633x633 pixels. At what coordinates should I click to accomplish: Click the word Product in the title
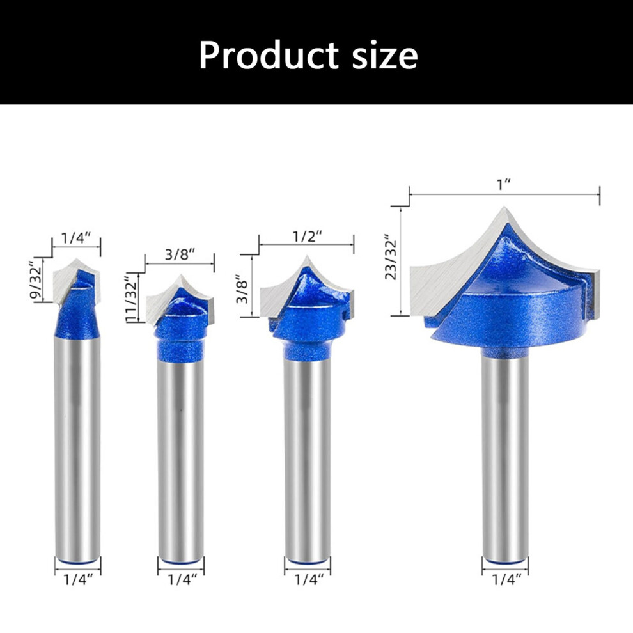269,56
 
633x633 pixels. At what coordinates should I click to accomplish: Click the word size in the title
385,56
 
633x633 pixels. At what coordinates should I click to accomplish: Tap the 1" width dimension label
503,185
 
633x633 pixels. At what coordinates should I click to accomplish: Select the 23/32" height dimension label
391,257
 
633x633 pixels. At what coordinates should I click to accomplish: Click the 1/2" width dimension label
307,236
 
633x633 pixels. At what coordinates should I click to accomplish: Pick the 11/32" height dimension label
131,297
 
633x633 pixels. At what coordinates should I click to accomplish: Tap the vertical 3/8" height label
242,289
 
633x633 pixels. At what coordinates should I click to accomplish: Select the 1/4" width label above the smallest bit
76,238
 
